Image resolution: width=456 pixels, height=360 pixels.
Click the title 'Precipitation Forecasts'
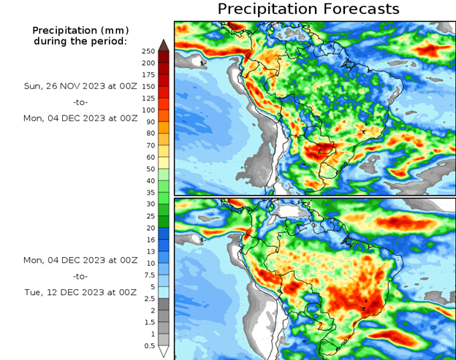308,9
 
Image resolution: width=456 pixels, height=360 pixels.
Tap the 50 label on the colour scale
148,169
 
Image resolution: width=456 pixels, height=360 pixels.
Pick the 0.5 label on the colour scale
148,345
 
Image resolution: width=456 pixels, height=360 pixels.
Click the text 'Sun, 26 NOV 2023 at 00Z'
80,85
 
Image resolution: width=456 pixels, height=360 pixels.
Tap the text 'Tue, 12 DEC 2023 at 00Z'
80,292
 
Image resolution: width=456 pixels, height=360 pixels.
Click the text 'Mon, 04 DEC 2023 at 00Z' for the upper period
80,117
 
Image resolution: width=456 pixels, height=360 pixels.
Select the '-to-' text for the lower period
80,276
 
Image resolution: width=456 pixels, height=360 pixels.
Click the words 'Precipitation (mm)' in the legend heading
80,31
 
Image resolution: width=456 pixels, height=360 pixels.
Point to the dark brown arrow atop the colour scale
164,45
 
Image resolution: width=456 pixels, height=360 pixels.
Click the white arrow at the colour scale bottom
164,351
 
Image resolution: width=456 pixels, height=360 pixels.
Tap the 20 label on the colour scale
148,228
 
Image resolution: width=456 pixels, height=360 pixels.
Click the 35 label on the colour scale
148,192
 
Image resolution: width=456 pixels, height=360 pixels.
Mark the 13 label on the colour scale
148,251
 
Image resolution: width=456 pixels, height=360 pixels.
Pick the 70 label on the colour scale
148,145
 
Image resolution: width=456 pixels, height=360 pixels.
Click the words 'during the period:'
80,41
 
